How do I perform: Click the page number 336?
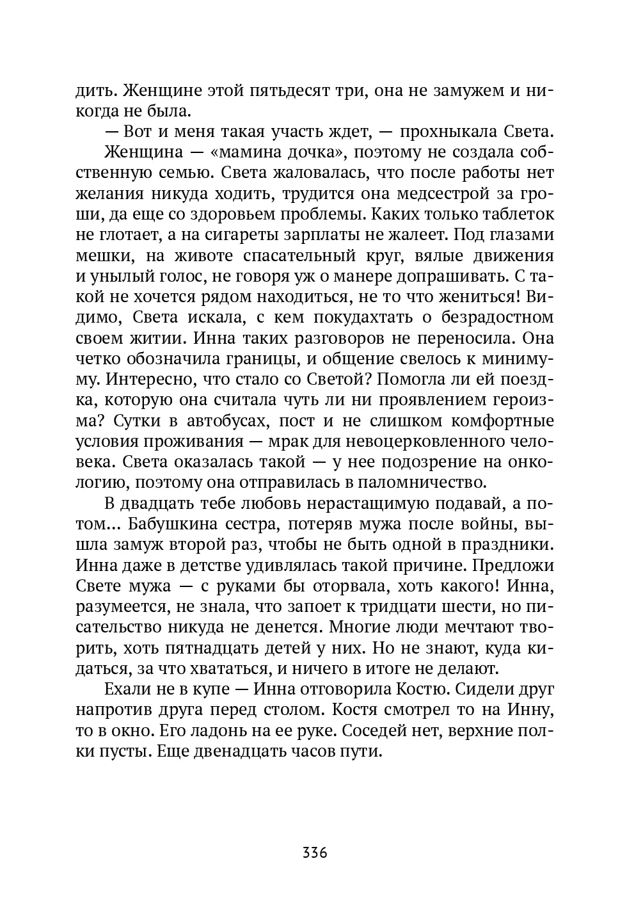click(x=315, y=853)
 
